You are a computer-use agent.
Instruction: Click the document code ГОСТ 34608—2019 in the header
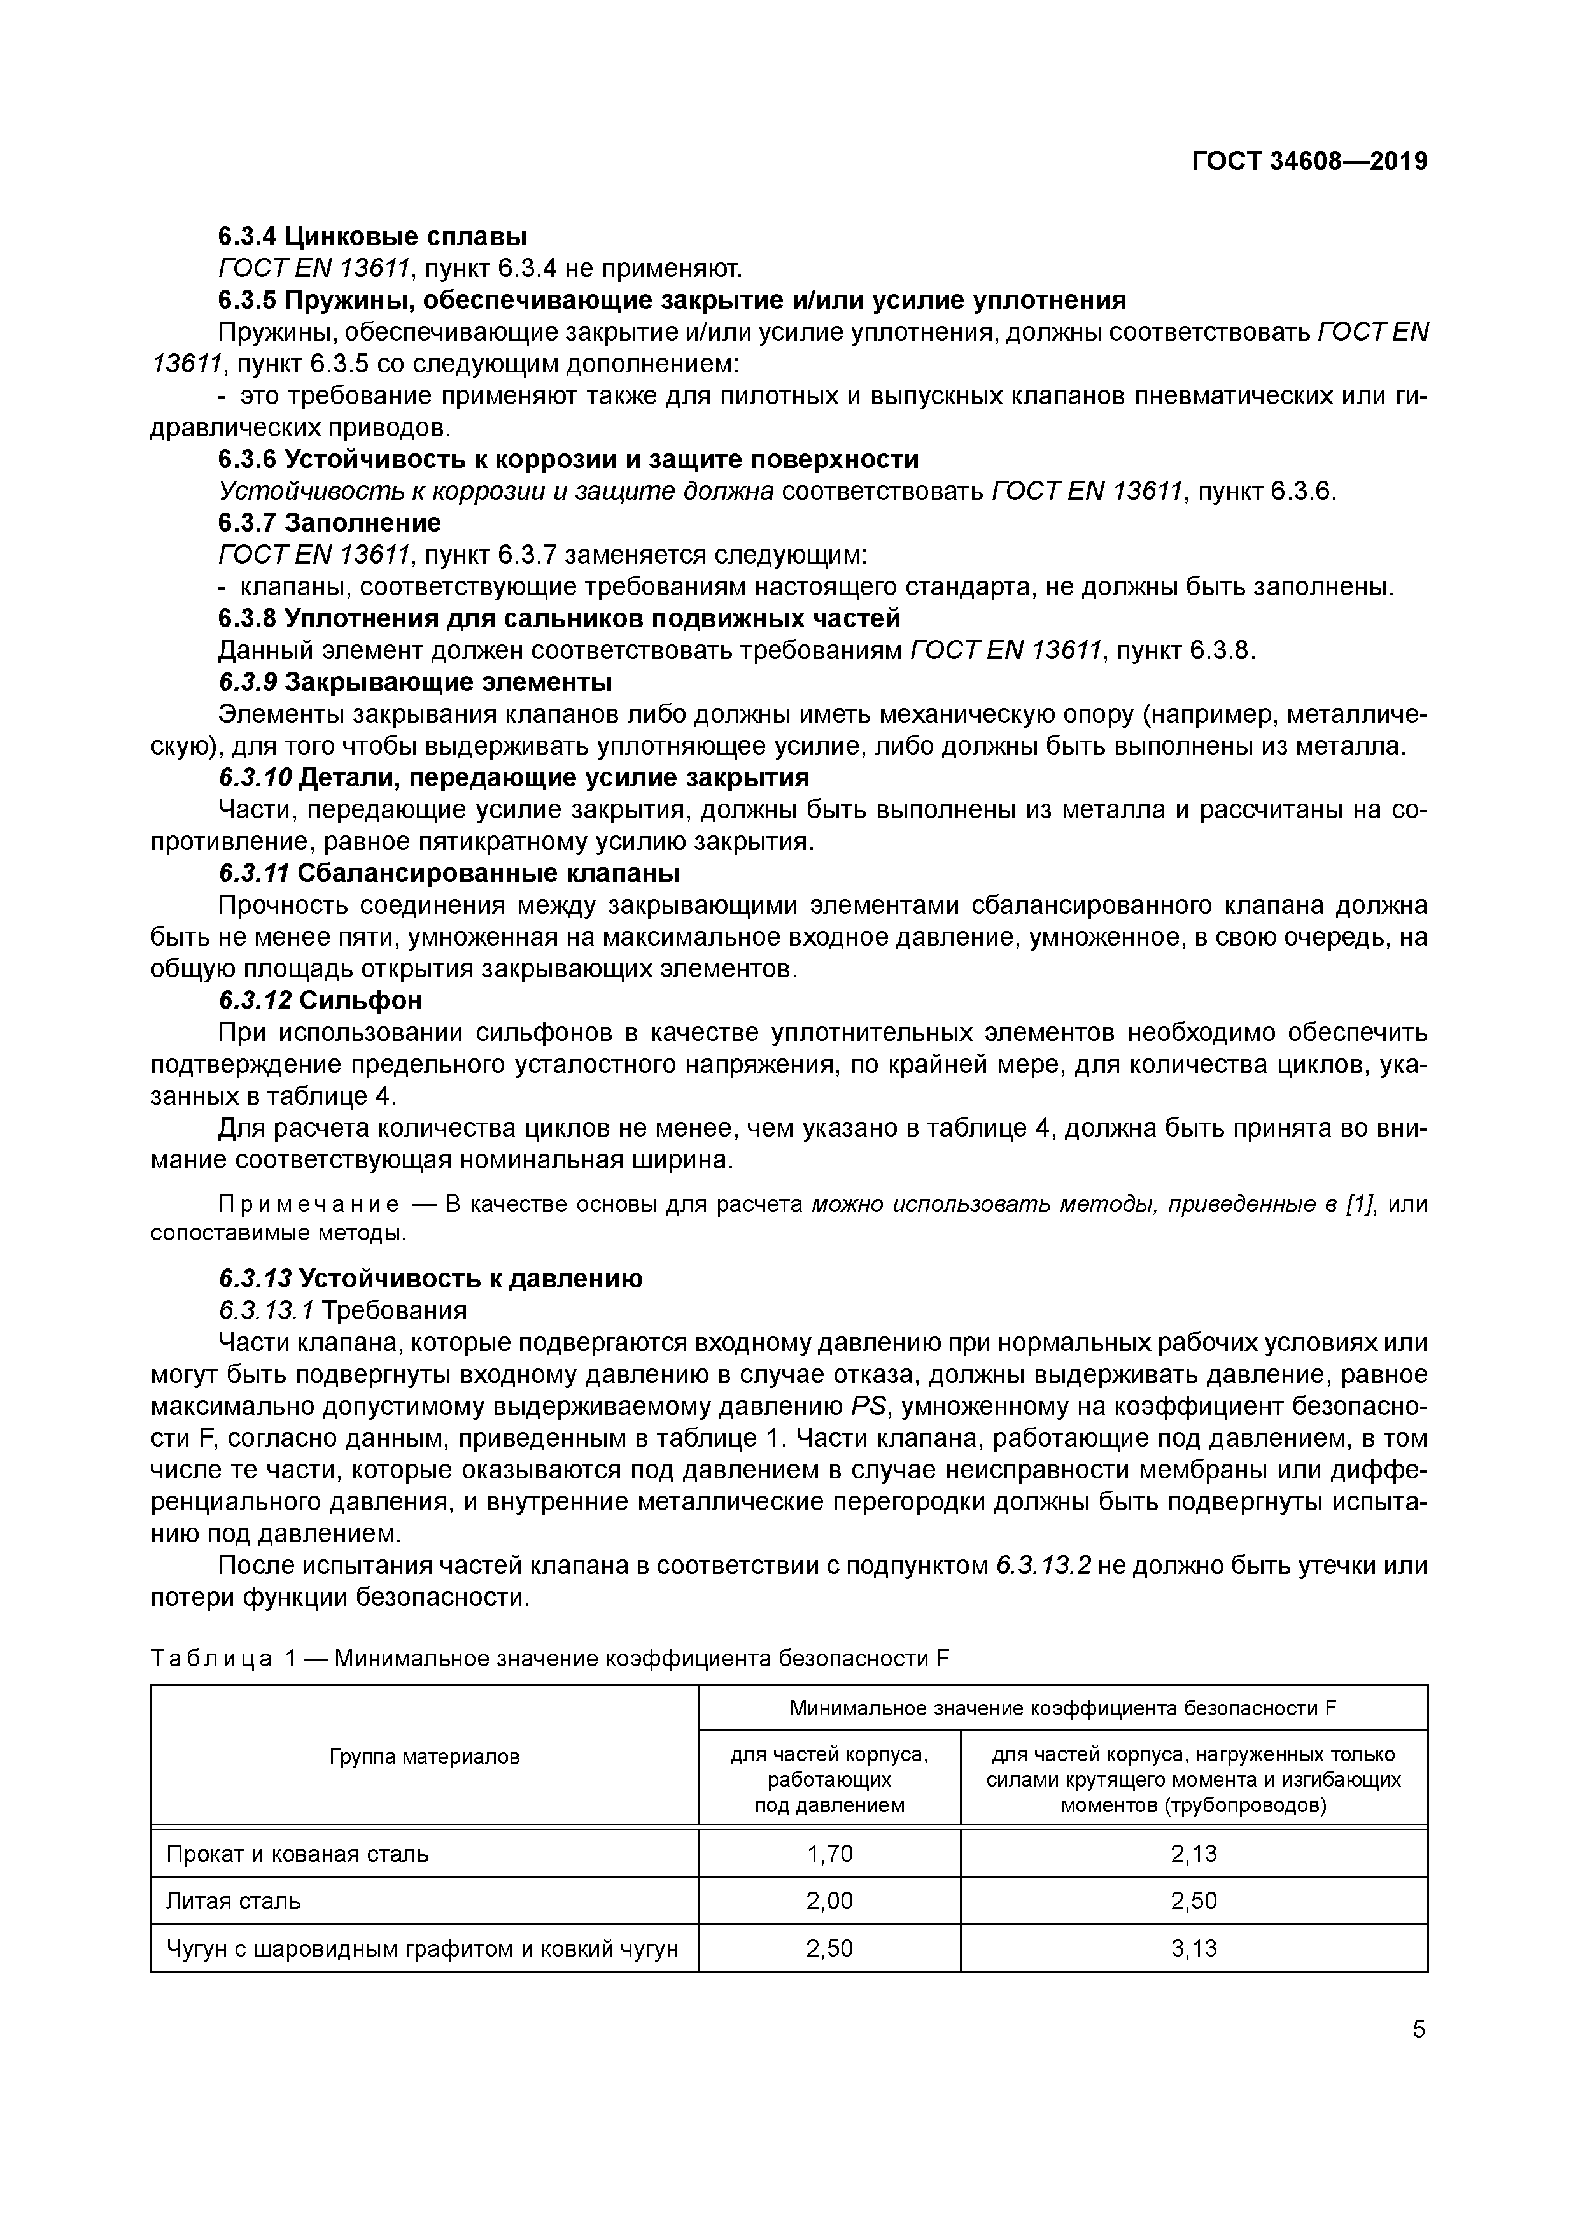[x=1309, y=162]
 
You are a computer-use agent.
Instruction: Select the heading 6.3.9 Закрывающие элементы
[x=415, y=682]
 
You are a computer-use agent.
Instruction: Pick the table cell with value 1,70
[x=829, y=1853]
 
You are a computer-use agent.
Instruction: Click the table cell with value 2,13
[x=1193, y=1853]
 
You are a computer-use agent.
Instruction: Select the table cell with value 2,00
[x=829, y=1901]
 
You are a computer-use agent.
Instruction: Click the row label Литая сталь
[x=234, y=1901]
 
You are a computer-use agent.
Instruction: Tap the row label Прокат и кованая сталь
[x=297, y=1853]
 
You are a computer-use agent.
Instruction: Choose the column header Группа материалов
[x=425, y=1757]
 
